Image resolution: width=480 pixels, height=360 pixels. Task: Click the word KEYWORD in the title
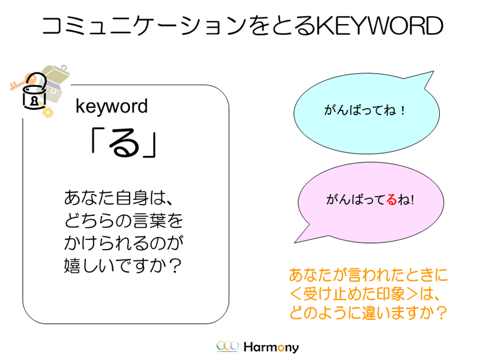pos(379,25)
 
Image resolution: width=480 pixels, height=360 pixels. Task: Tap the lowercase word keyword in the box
pos(112,107)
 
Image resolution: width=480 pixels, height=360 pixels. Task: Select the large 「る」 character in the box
pos(124,143)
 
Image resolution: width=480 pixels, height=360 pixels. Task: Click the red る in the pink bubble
pos(392,200)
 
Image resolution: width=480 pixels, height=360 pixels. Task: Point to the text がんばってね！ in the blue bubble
pos(365,110)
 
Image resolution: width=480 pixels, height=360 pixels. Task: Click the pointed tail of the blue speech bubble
pos(433,71)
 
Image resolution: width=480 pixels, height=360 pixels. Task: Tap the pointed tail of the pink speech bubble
pos(295,242)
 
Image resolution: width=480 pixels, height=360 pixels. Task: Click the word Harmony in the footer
pos(271,347)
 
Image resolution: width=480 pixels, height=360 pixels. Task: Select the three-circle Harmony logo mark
pos(227,346)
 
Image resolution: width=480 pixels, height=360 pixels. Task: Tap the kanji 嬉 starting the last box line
pos(72,265)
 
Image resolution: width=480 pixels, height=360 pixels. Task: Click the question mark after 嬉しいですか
pos(175,266)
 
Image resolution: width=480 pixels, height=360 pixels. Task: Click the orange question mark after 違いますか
pos(441,313)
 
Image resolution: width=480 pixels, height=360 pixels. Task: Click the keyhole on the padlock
pos(34,101)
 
